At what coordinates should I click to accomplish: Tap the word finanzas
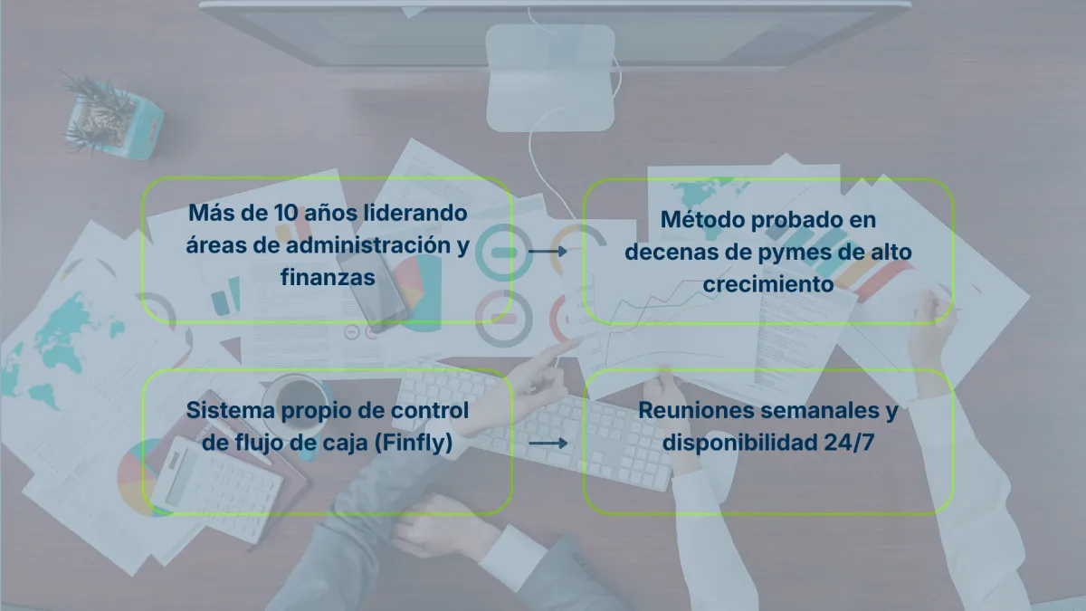pyautogui.click(x=328, y=278)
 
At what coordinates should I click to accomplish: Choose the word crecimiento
pyautogui.click(x=767, y=284)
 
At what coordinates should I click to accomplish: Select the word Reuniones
pyautogui.click(x=695, y=410)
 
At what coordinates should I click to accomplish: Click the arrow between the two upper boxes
pyautogui.click(x=548, y=251)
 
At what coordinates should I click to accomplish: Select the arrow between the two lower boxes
pyautogui.click(x=548, y=444)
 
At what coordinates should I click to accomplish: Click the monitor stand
pyautogui.click(x=550, y=77)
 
